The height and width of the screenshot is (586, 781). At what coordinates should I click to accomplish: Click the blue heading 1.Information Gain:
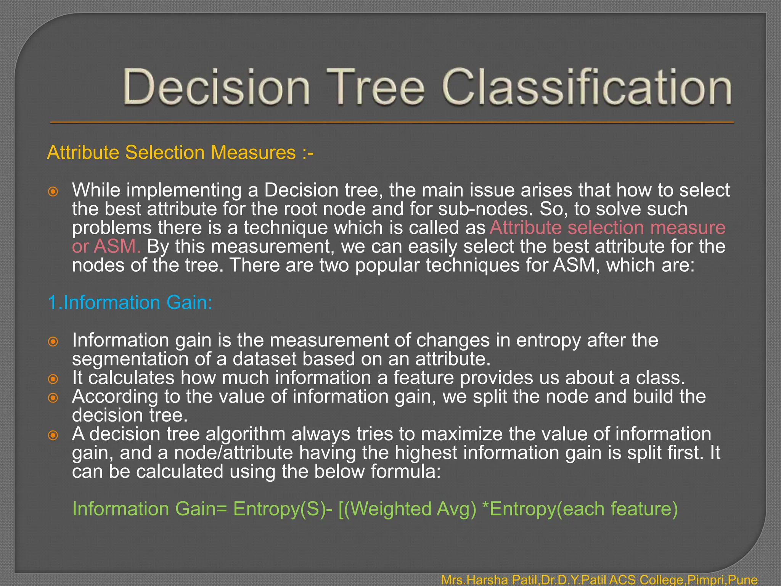pos(130,303)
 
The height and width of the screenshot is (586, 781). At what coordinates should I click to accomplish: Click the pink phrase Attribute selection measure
pos(607,228)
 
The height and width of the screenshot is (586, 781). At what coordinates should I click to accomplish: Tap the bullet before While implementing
pos(53,191)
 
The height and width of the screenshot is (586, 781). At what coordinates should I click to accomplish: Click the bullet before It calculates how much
pos(53,379)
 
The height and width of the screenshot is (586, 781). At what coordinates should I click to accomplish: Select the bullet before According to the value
pos(53,398)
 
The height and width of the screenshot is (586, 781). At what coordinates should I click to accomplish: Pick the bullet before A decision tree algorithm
pos(53,435)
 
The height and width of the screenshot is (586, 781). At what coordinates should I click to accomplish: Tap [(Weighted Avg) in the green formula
pos(407,509)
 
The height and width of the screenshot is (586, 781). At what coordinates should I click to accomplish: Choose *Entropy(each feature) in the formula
pos(580,509)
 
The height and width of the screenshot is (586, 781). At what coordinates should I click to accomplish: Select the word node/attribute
pos(233,453)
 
